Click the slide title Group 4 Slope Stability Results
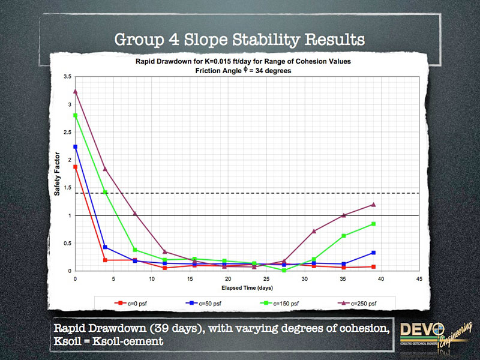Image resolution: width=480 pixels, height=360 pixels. coord(240,40)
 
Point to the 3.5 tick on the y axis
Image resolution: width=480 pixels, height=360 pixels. coord(67,77)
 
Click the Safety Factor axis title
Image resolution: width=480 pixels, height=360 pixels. coord(59,174)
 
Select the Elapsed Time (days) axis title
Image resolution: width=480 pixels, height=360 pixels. coord(247,287)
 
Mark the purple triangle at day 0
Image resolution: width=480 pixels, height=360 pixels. coord(76,91)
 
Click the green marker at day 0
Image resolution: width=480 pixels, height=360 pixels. coord(76,115)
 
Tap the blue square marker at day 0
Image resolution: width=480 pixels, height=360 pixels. coord(76,146)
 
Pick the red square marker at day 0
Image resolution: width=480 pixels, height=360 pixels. coord(76,167)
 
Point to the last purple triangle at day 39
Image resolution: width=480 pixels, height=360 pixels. coord(373,204)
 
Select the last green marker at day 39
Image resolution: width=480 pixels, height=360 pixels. coord(373,224)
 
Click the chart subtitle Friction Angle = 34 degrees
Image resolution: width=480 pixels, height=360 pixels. coord(247,70)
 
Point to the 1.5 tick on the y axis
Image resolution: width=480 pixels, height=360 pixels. coord(67,188)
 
